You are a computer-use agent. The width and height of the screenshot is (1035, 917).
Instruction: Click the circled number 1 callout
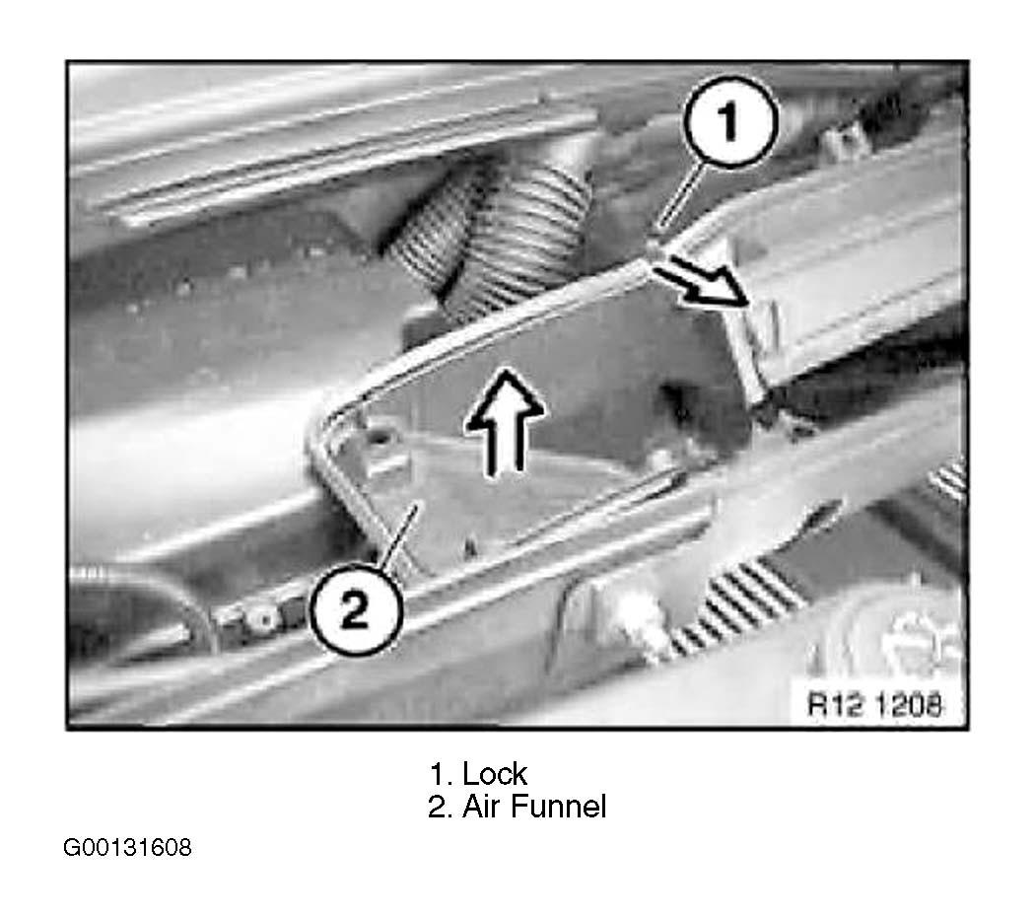click(729, 121)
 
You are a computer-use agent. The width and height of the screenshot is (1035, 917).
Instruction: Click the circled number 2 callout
click(355, 608)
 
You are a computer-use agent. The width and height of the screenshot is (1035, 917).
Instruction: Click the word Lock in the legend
click(495, 774)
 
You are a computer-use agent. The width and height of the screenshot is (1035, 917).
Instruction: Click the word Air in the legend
click(482, 807)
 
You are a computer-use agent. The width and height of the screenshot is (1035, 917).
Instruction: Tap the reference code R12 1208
click(875, 704)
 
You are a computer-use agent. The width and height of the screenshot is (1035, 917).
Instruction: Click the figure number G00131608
click(127, 847)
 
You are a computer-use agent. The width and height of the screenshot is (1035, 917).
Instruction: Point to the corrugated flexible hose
click(503, 238)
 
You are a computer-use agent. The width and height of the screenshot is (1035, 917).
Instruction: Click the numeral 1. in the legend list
click(441, 774)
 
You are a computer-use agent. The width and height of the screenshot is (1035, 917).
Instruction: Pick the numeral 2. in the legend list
click(441, 807)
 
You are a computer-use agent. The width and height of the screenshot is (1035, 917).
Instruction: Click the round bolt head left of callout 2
click(265, 618)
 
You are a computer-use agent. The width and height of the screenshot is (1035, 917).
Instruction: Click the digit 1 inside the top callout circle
click(728, 121)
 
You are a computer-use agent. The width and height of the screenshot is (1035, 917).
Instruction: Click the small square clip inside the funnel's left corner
click(379, 438)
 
